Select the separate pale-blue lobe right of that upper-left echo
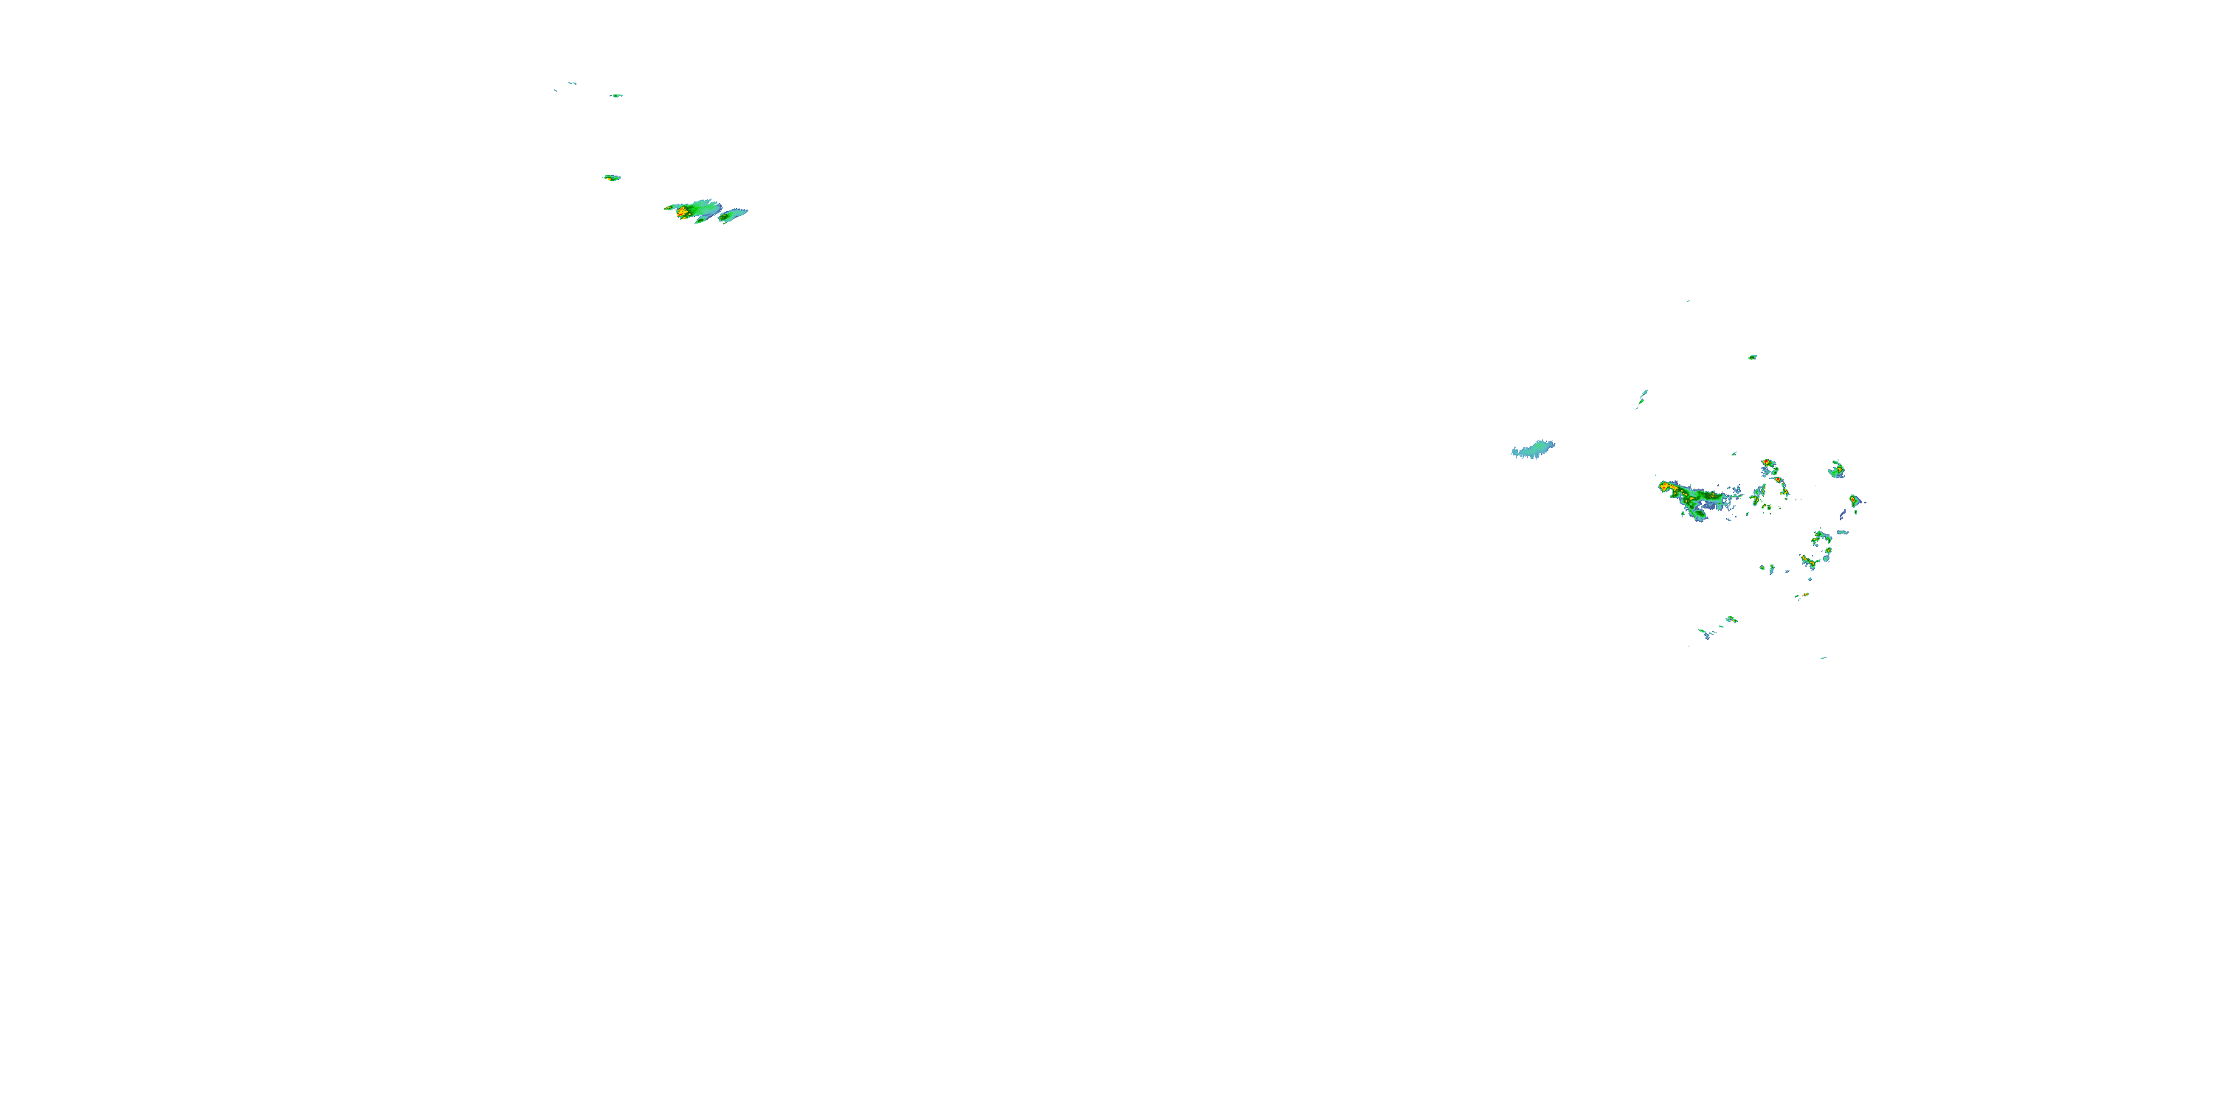(x=733, y=215)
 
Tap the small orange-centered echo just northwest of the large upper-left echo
(x=611, y=178)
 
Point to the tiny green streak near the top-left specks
(x=616, y=95)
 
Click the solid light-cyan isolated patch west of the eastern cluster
(x=1534, y=449)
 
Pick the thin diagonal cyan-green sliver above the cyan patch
(x=1641, y=397)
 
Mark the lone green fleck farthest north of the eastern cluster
(x=1751, y=356)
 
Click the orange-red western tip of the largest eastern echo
(x=1666, y=487)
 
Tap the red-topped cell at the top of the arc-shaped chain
(x=1765, y=464)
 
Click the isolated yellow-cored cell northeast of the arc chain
(x=1837, y=469)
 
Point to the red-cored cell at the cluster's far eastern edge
(x=1854, y=500)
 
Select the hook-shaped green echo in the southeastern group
(x=1821, y=539)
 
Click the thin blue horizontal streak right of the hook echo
(x=1841, y=532)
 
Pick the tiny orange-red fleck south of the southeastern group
(x=1802, y=595)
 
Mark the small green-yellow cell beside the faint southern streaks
(x=1731, y=619)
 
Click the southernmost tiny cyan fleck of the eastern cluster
(x=1822, y=658)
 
